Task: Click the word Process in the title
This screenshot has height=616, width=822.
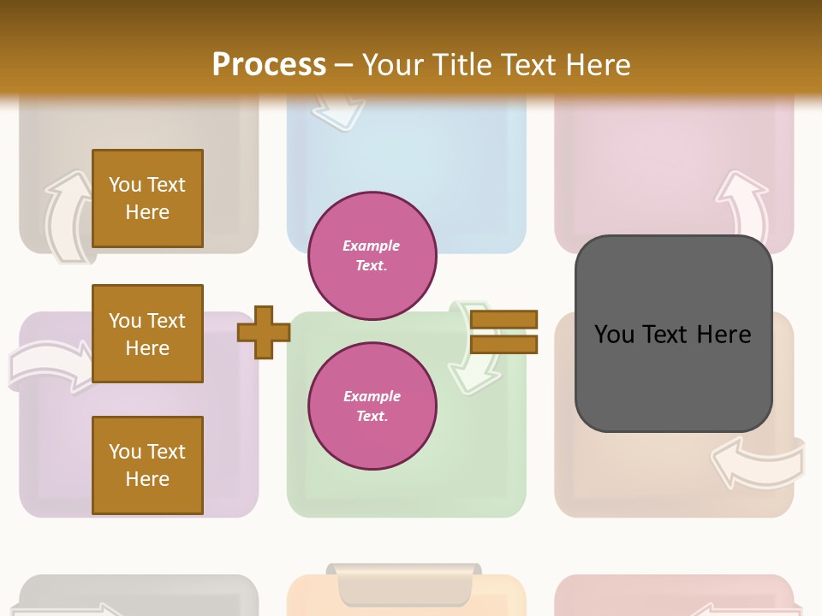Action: click(x=269, y=64)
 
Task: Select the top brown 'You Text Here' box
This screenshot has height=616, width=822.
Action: click(x=147, y=198)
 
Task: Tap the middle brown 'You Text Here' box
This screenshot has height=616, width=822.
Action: click(x=147, y=334)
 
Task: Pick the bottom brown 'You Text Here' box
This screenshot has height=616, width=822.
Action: click(x=147, y=465)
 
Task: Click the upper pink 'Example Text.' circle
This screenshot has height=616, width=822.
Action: click(x=372, y=255)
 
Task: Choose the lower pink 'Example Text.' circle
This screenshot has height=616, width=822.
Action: click(x=372, y=406)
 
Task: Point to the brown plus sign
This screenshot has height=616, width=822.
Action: click(x=264, y=332)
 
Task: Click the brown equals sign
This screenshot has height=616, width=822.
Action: click(x=503, y=332)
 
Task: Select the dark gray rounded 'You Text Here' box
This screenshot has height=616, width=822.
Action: click(x=673, y=334)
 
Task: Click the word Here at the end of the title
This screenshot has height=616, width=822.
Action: click(x=599, y=64)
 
